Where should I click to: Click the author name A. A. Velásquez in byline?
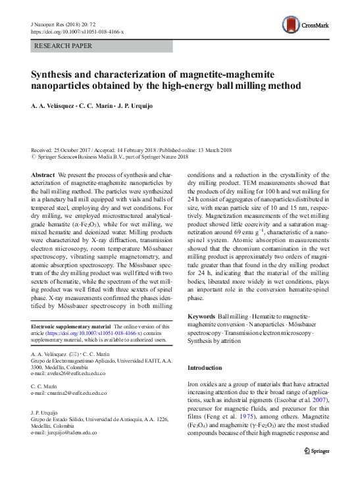(x=53, y=106)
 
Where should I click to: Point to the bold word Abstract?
(x=43, y=174)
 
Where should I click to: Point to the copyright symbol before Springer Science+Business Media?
(x=34, y=157)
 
